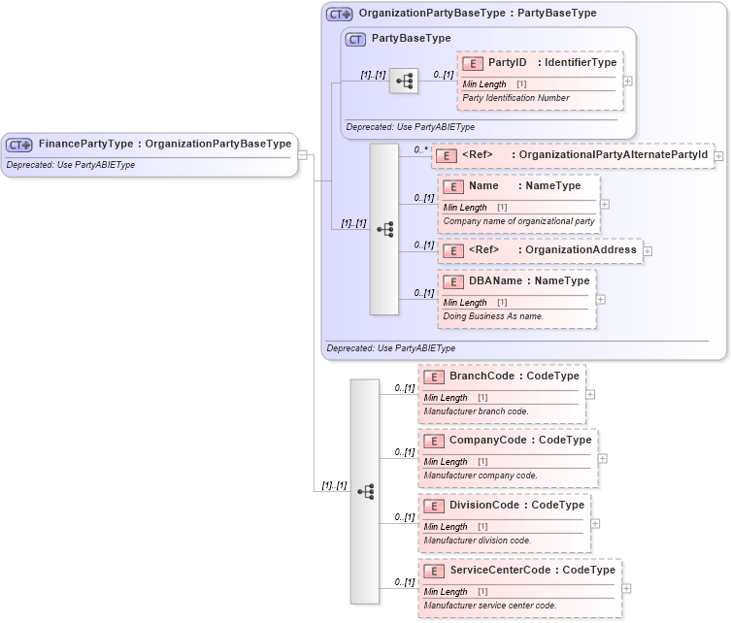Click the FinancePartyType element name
(x=85, y=144)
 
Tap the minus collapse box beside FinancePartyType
(x=303, y=154)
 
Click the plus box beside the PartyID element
(x=627, y=81)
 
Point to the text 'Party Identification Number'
(x=515, y=98)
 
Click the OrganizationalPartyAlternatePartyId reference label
(x=614, y=154)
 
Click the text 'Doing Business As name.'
(x=493, y=316)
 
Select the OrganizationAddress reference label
(x=581, y=249)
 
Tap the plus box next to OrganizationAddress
(x=648, y=250)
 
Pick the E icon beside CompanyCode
(x=435, y=441)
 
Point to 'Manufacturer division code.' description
(x=478, y=541)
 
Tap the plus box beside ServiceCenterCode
(x=626, y=588)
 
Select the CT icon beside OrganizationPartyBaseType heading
(x=339, y=14)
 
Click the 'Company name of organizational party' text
(x=518, y=221)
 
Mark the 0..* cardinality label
(x=420, y=149)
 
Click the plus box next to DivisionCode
(x=595, y=523)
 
